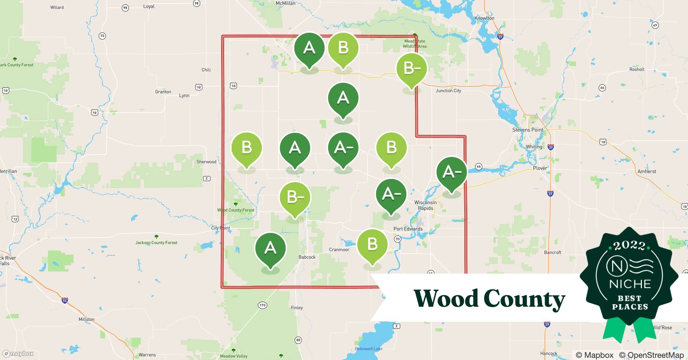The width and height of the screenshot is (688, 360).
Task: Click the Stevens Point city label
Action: click(528, 130)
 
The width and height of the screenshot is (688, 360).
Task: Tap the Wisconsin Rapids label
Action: click(425, 205)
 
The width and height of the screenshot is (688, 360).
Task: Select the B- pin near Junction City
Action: click(411, 68)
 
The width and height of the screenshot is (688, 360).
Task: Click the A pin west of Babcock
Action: click(270, 248)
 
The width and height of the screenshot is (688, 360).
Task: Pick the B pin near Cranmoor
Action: click(372, 244)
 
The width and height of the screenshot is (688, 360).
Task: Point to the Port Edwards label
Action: click(408, 229)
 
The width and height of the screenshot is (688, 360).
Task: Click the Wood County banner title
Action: click(490, 299)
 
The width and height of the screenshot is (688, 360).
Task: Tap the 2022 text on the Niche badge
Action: click(629, 246)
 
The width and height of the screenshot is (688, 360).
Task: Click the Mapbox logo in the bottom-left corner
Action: click(18, 354)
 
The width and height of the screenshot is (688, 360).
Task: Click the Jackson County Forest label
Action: click(156, 243)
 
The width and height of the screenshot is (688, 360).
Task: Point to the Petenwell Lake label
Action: click(368, 348)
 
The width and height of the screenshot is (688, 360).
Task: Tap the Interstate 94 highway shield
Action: click(65, 301)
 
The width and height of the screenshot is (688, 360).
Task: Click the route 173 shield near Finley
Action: click(263, 305)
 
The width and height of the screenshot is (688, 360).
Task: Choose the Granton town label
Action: click(163, 92)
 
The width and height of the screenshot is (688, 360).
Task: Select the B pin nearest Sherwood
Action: click(246, 148)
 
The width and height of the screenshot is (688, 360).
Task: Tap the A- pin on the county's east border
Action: click(451, 172)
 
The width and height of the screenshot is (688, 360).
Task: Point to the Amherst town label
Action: click(647, 172)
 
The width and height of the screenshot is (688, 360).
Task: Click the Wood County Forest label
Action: click(236, 210)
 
